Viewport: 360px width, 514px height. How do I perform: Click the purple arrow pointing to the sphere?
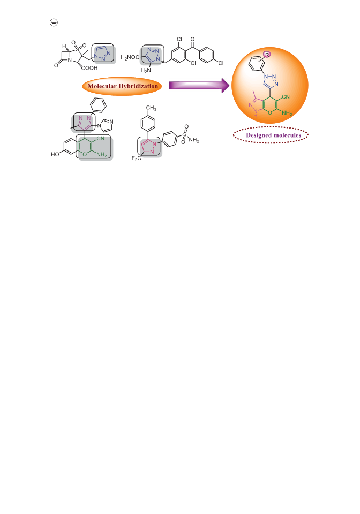[x=199, y=86]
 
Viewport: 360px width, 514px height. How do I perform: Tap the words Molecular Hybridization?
[x=123, y=86]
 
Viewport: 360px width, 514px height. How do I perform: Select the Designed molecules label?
[x=273, y=135]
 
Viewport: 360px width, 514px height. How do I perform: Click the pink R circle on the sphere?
[x=267, y=55]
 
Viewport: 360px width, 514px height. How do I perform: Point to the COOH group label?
[x=89, y=68]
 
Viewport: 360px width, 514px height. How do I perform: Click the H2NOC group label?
[x=130, y=58]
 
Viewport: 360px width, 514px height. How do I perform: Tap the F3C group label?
[x=136, y=158]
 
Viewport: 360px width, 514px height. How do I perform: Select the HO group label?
[x=55, y=154]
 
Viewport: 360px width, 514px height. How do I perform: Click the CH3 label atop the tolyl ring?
[x=151, y=108]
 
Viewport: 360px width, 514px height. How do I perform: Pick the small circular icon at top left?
[x=54, y=22]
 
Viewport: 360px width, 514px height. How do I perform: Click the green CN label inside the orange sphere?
[x=286, y=97]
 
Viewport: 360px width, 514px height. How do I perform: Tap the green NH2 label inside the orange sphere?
[x=287, y=113]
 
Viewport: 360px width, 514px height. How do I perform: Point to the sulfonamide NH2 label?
[x=194, y=140]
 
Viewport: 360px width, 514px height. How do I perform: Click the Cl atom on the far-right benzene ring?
[x=221, y=63]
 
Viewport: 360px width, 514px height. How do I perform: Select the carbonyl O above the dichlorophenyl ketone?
[x=192, y=39]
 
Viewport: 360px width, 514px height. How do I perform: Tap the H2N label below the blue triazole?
[x=146, y=70]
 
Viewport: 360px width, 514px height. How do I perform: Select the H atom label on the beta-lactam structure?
[x=64, y=46]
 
